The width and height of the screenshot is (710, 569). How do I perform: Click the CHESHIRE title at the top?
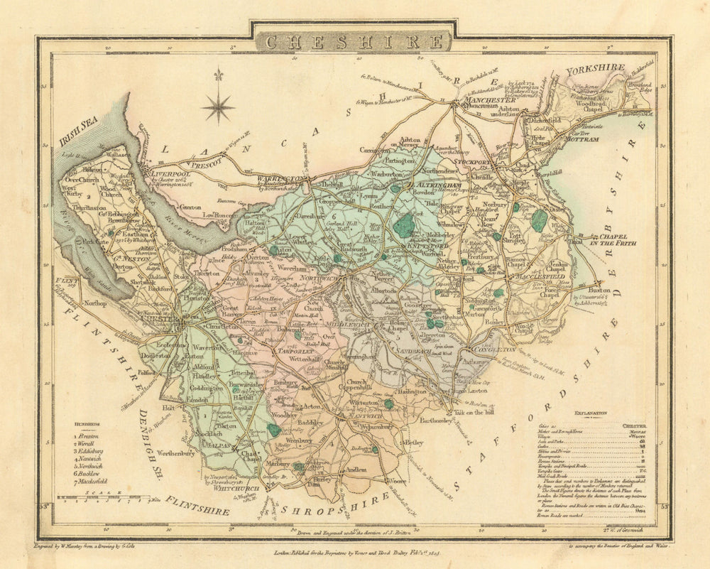tap(354, 41)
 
